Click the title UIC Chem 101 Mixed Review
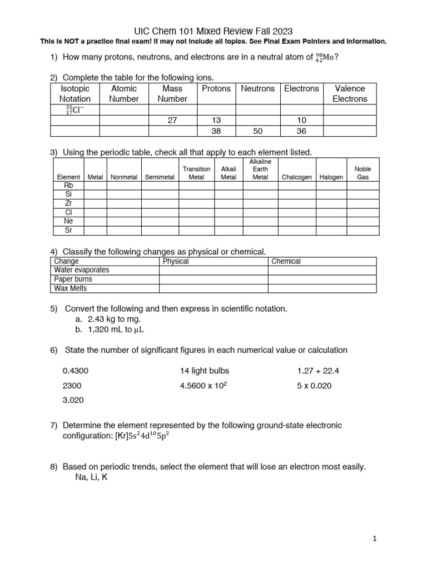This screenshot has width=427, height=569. pos(213,31)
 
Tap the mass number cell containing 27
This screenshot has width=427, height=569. pos(172,121)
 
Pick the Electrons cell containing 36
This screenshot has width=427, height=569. pos(301,131)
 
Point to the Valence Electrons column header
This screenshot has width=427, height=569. pos(350,93)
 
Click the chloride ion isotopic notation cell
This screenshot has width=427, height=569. pos(75,110)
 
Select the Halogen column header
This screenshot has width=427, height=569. pos(331,177)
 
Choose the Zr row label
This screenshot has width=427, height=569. pos(68,203)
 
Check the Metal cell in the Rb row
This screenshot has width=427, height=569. pos(95,186)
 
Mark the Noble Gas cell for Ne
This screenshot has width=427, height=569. pos(363,221)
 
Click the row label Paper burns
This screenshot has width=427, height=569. pos(73,279)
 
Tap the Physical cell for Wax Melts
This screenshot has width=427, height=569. pos(213,288)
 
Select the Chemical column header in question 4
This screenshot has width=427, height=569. pos(286,261)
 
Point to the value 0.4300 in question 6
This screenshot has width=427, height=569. pos(75,371)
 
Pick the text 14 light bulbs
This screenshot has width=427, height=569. pos(204,371)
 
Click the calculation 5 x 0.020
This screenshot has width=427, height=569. pos(314,386)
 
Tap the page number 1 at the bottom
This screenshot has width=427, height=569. pos(375,538)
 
